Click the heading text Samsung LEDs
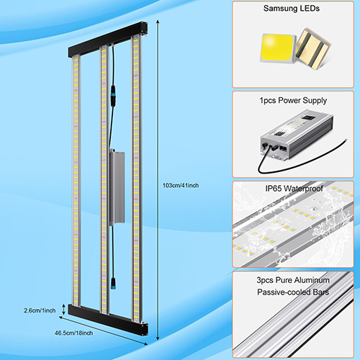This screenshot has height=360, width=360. [292, 9]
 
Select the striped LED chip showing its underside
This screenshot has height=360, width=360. [313, 48]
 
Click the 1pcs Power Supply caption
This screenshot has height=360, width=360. [293, 100]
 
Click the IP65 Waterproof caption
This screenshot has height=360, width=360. [294, 189]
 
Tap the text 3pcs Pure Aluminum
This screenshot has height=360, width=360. [293, 280]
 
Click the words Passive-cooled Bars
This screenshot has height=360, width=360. [293, 292]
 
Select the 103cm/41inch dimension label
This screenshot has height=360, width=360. [181, 186]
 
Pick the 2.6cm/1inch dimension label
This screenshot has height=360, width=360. [40, 310]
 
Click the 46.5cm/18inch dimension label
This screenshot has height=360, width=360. [73, 333]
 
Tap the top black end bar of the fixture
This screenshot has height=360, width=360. [108, 40]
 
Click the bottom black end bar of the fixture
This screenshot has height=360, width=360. [108, 320]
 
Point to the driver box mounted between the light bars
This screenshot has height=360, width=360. [117, 187]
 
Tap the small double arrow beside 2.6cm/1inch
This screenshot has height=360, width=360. [63, 309]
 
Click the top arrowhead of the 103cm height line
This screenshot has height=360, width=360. [158, 22]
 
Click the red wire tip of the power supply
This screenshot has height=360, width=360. [346, 140]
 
